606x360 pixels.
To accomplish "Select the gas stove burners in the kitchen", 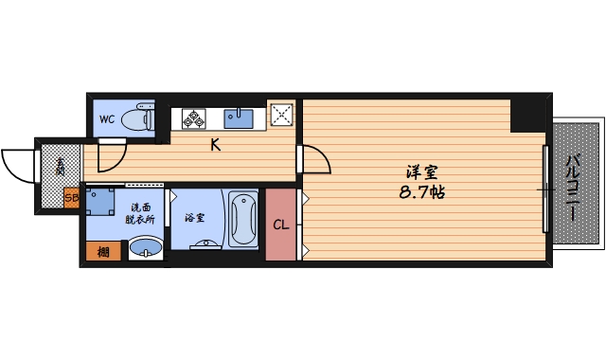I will point(194,118).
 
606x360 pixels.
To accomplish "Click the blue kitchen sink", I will point(238,117).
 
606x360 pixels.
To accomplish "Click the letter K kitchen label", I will point(215,145).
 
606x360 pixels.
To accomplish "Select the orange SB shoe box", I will point(71,198).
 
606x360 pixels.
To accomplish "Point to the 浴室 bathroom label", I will point(193,216).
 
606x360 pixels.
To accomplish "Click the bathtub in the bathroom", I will point(242,219).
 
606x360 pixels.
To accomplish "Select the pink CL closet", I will point(280,225).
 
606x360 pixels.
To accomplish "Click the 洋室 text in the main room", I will point(421,172).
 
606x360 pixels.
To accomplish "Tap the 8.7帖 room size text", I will point(422,191).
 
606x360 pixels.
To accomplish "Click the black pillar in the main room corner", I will point(528,114).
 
